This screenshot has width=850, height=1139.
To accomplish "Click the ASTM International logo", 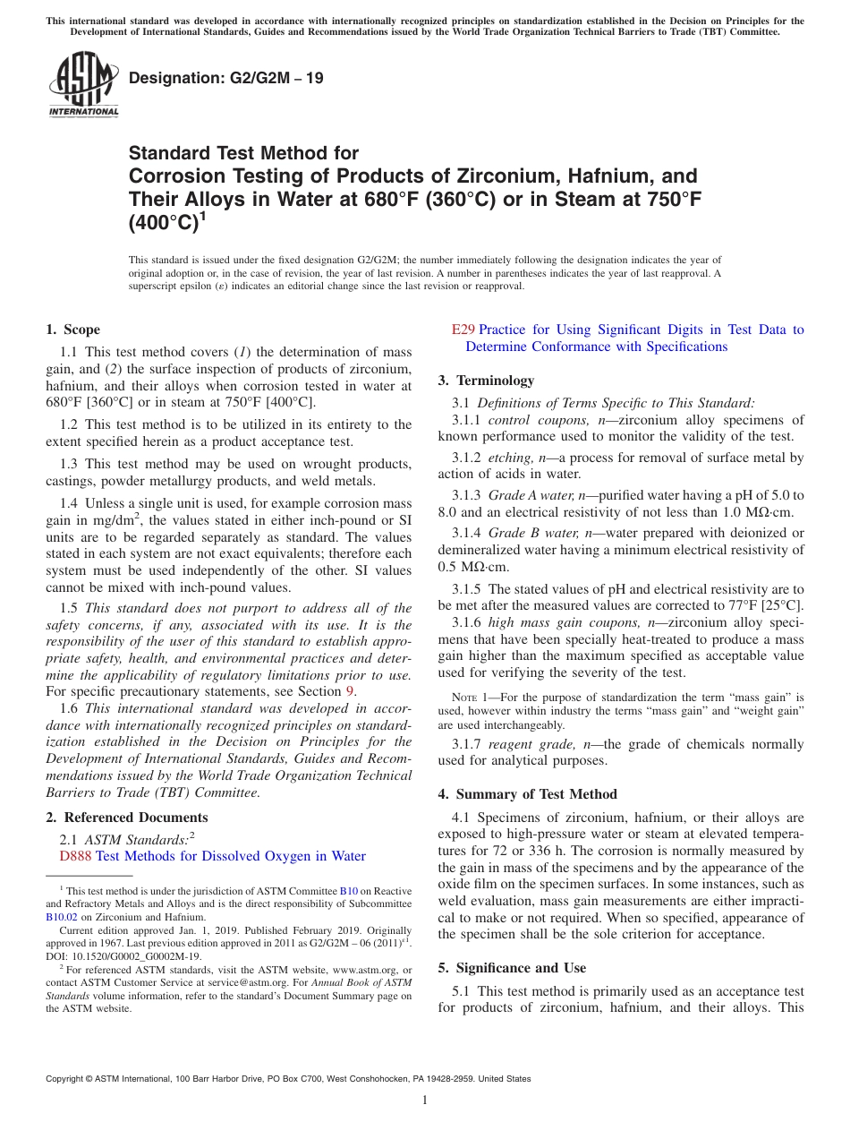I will (x=83, y=85).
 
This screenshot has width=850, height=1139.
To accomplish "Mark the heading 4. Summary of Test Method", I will (x=528, y=794).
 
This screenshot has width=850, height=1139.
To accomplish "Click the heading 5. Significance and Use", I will (x=513, y=968).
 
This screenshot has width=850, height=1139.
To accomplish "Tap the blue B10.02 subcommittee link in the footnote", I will (x=62, y=917).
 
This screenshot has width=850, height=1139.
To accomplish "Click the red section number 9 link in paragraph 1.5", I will (x=349, y=691).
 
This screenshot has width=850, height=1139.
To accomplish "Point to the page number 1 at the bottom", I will (x=425, y=1100).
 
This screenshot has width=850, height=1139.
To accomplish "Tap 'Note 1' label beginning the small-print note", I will (x=472, y=697).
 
